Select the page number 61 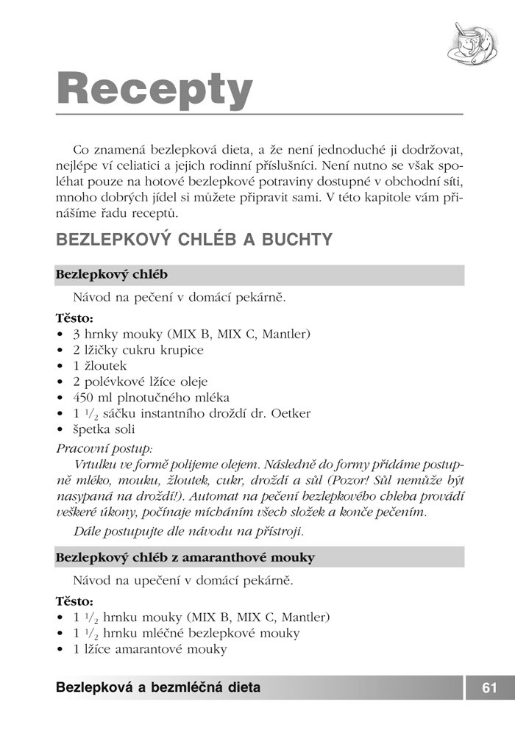[490, 688]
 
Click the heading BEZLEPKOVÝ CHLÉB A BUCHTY [193, 240]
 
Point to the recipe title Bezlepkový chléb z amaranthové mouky [185, 557]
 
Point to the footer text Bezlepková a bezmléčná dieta [157, 688]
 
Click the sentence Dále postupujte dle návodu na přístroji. [188, 530]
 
